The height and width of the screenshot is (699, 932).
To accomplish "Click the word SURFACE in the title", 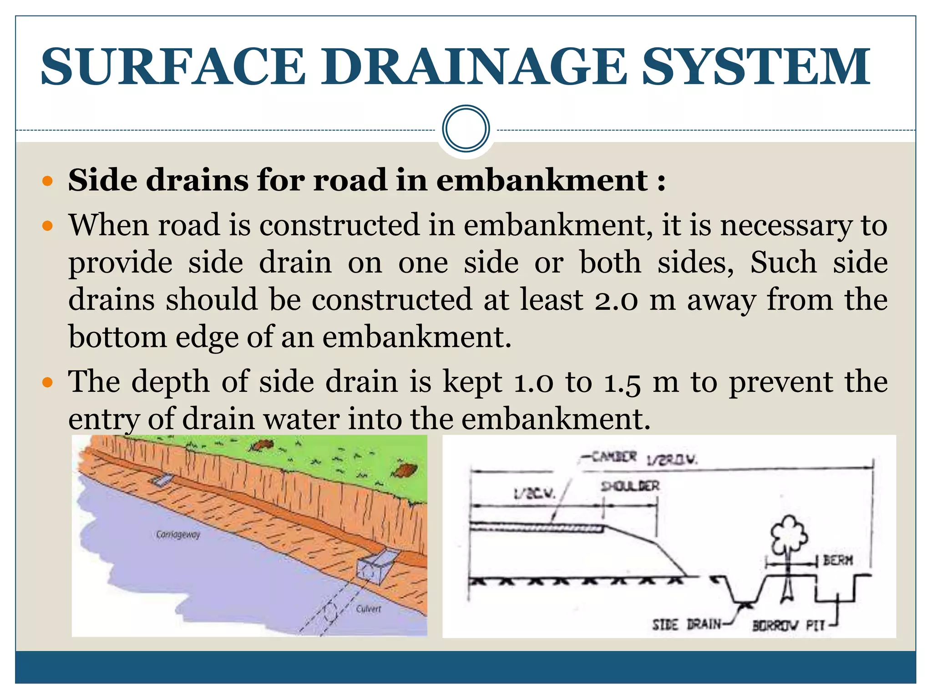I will click(173, 67).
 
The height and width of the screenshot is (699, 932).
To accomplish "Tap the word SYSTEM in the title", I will click(755, 67).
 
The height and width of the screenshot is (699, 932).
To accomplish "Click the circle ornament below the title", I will click(466, 129).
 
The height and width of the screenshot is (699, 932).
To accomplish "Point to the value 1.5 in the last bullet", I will click(622, 383).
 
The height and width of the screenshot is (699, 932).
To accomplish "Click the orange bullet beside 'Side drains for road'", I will click(47, 182).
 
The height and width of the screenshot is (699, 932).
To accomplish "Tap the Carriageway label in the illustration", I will click(178, 534).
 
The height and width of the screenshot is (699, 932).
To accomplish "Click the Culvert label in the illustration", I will click(368, 609).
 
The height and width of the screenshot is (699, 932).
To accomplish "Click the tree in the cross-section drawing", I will click(788, 537).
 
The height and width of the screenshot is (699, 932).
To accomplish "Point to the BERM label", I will click(838, 560).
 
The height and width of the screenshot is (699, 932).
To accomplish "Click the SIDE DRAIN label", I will click(687, 624).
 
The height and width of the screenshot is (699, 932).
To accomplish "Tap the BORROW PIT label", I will click(788, 626).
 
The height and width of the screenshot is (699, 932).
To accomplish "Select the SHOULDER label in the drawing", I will click(630, 486).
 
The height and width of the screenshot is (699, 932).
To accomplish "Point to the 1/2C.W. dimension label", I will click(534, 494).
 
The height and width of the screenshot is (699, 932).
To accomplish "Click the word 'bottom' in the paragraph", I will click(117, 337).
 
